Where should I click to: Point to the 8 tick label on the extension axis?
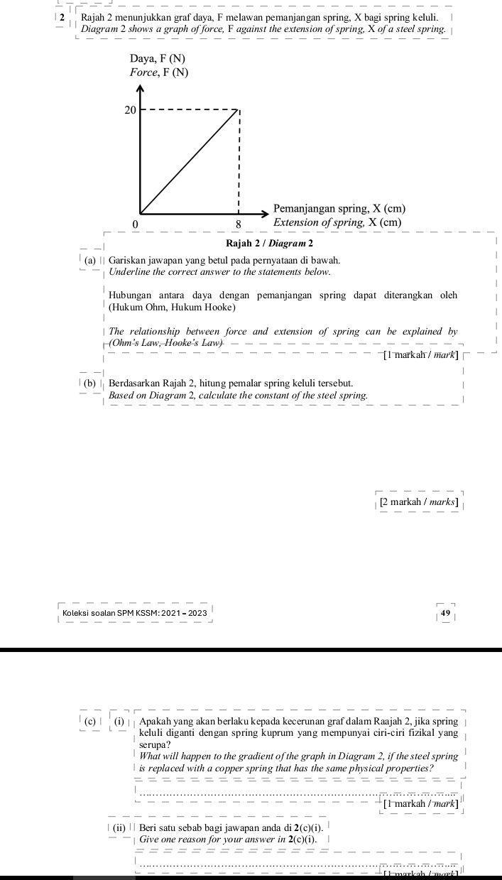pyautogui.click(x=239, y=224)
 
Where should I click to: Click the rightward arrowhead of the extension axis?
pyautogui.click(x=268, y=212)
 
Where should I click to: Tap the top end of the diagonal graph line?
pyautogui.click(x=239, y=111)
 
